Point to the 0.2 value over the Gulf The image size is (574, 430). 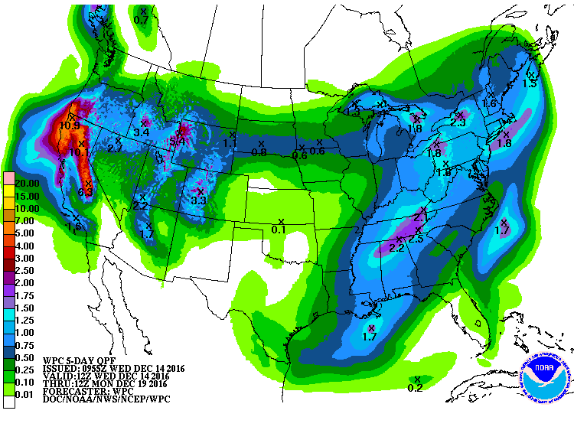[416, 388]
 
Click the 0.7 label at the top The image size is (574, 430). [142, 19]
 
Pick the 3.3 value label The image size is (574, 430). [199, 200]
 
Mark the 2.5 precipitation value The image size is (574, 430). [416, 239]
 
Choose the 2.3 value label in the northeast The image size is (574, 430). [458, 122]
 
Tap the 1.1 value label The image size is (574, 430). [230, 143]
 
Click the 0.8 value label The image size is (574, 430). [259, 152]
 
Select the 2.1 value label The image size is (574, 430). [419, 218]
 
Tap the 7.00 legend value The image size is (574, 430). [26, 220]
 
